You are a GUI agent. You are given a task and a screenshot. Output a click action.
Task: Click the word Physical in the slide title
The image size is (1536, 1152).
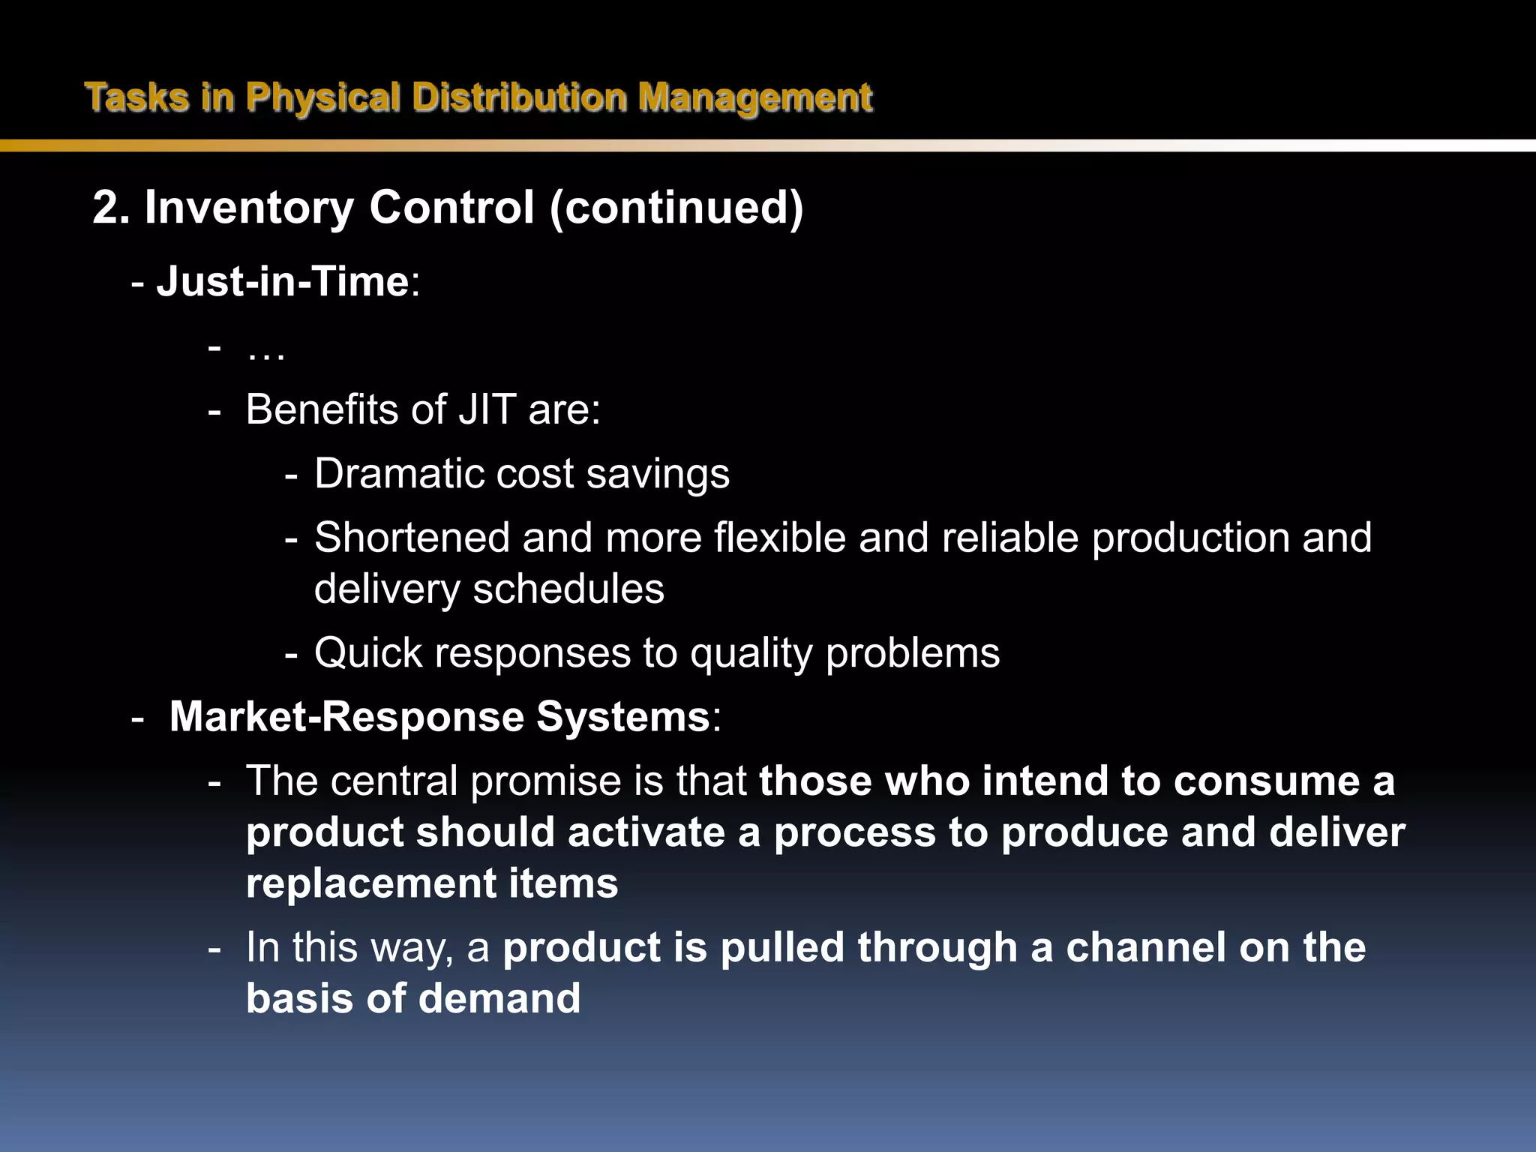(x=322, y=97)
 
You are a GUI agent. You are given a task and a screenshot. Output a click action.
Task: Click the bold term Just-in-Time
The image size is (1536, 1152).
(x=282, y=282)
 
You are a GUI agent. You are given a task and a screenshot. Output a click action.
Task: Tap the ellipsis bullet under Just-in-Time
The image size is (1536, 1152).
(x=265, y=352)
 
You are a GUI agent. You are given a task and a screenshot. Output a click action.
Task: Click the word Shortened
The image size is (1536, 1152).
(x=412, y=538)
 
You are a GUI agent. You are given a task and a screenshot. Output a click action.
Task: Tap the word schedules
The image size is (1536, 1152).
(x=568, y=589)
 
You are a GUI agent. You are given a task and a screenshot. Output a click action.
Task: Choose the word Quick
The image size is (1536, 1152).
(x=368, y=652)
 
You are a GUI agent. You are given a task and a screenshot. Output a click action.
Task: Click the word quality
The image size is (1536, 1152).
(x=751, y=652)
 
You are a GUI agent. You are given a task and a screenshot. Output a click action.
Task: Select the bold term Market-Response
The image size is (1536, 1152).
(x=346, y=716)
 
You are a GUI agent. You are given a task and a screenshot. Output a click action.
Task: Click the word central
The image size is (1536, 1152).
(x=394, y=781)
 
